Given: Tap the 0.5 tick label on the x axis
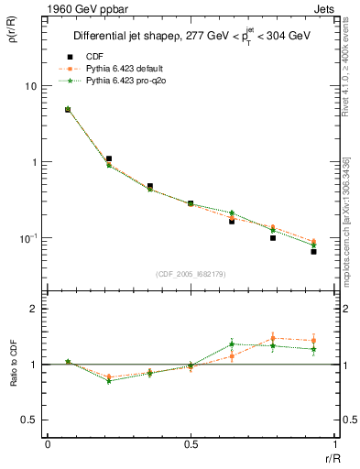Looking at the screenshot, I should (191, 444).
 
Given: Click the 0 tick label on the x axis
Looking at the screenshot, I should (48, 444).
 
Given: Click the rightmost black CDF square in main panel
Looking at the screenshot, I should (313, 251).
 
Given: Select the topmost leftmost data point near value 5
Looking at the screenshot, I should (68, 110).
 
